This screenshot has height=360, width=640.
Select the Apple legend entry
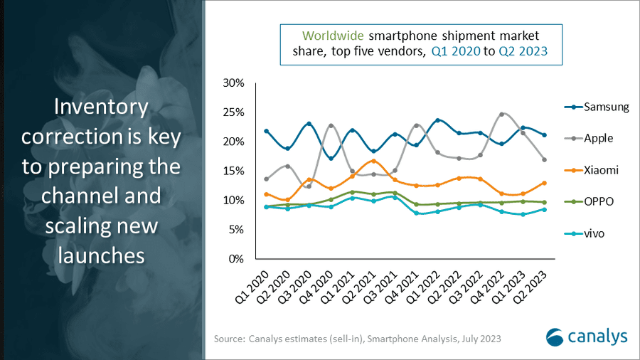tap(599, 139)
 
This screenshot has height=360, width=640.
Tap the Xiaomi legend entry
tap(601, 170)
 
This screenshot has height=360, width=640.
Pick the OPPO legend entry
tap(599, 201)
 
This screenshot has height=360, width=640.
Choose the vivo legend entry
tap(596, 233)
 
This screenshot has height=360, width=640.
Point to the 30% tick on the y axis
tap(233, 83)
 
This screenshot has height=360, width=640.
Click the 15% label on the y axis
tap(233, 171)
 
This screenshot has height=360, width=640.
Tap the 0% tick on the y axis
tap(236, 258)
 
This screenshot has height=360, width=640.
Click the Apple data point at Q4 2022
tap(502, 115)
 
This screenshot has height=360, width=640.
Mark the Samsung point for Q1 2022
tap(438, 120)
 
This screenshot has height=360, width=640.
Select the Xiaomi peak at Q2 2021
tap(374, 161)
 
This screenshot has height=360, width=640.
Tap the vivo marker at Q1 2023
tap(523, 214)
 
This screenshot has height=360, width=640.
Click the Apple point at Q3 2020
tap(309, 186)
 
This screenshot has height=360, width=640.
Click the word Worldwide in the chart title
tap(331, 35)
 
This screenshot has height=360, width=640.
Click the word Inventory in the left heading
tap(102, 108)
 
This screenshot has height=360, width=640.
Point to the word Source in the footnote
tap(230, 339)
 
